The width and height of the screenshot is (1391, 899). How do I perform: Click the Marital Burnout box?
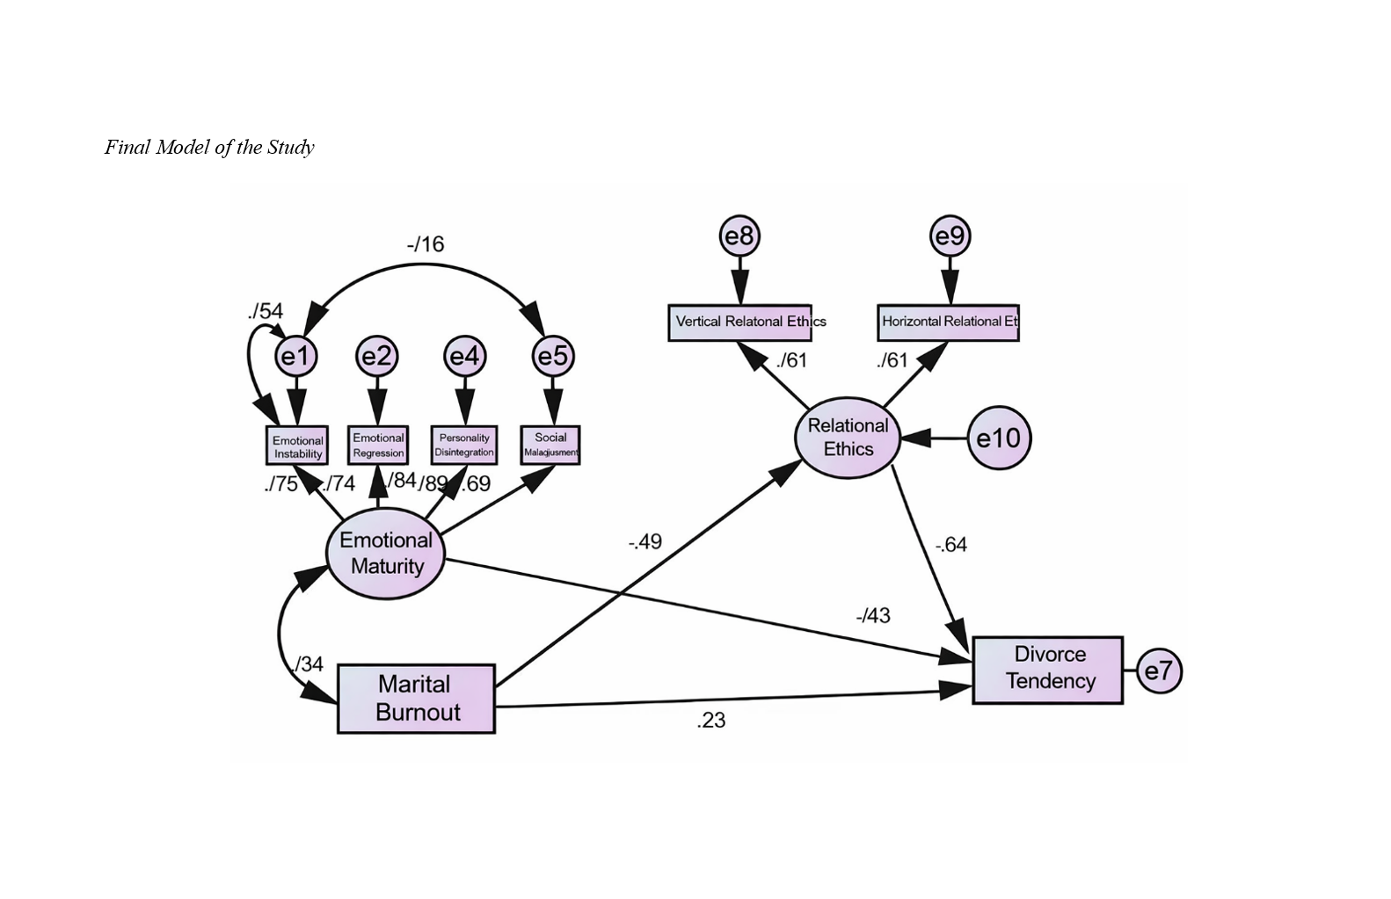[x=416, y=699]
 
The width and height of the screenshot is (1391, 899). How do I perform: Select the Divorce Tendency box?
[x=1048, y=670]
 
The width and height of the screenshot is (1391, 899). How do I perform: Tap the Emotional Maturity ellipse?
[x=386, y=554]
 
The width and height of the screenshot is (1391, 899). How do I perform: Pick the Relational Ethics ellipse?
[x=848, y=438]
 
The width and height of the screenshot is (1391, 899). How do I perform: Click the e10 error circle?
[x=999, y=438]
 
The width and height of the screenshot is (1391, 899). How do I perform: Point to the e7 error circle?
[x=1159, y=671]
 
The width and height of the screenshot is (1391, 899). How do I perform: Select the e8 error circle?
[x=739, y=236]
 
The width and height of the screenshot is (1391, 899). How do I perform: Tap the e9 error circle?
[x=950, y=236]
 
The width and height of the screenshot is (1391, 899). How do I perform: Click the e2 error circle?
[x=377, y=356]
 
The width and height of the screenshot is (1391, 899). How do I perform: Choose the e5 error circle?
[x=553, y=356]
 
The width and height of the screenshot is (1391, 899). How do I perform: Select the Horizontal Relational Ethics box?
[x=948, y=323]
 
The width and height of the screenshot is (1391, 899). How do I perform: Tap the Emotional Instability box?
[x=297, y=446]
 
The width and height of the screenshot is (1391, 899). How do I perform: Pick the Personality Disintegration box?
[x=464, y=445]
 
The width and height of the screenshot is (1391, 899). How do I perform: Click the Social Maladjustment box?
[x=550, y=445]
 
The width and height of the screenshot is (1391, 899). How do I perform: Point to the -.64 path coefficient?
[x=951, y=545]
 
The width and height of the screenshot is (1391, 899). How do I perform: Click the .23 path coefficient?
[x=711, y=721]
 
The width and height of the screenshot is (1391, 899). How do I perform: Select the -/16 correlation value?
[x=426, y=244]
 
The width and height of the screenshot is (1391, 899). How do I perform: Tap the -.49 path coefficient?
[x=645, y=542]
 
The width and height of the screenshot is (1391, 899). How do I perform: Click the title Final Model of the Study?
[x=209, y=148]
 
